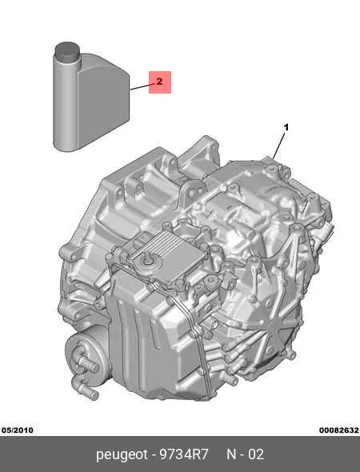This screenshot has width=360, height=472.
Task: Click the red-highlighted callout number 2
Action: [160, 82]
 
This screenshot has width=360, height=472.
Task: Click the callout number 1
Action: [286, 127]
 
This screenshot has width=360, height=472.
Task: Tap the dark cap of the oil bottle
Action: [67, 50]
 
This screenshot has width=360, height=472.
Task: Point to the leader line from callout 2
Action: [143, 86]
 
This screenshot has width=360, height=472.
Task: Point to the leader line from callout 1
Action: [278, 146]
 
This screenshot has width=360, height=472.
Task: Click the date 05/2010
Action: [18, 430]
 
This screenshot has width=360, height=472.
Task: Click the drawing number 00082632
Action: [339, 430]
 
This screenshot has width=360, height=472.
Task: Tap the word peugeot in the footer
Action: [122, 454]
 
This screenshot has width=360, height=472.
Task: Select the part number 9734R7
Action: [184, 454]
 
